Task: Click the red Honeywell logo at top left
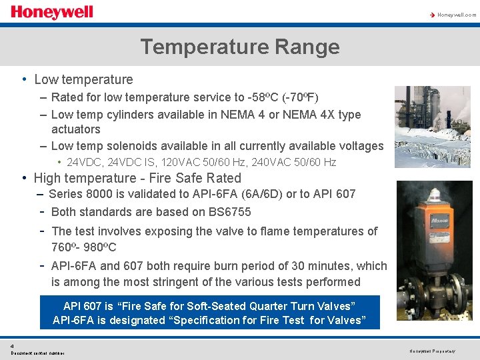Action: [51, 12]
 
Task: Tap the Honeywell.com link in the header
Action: [456, 15]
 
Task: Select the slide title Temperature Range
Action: [239, 47]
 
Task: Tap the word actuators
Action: [75, 129]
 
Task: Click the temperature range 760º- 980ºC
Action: [83, 247]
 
